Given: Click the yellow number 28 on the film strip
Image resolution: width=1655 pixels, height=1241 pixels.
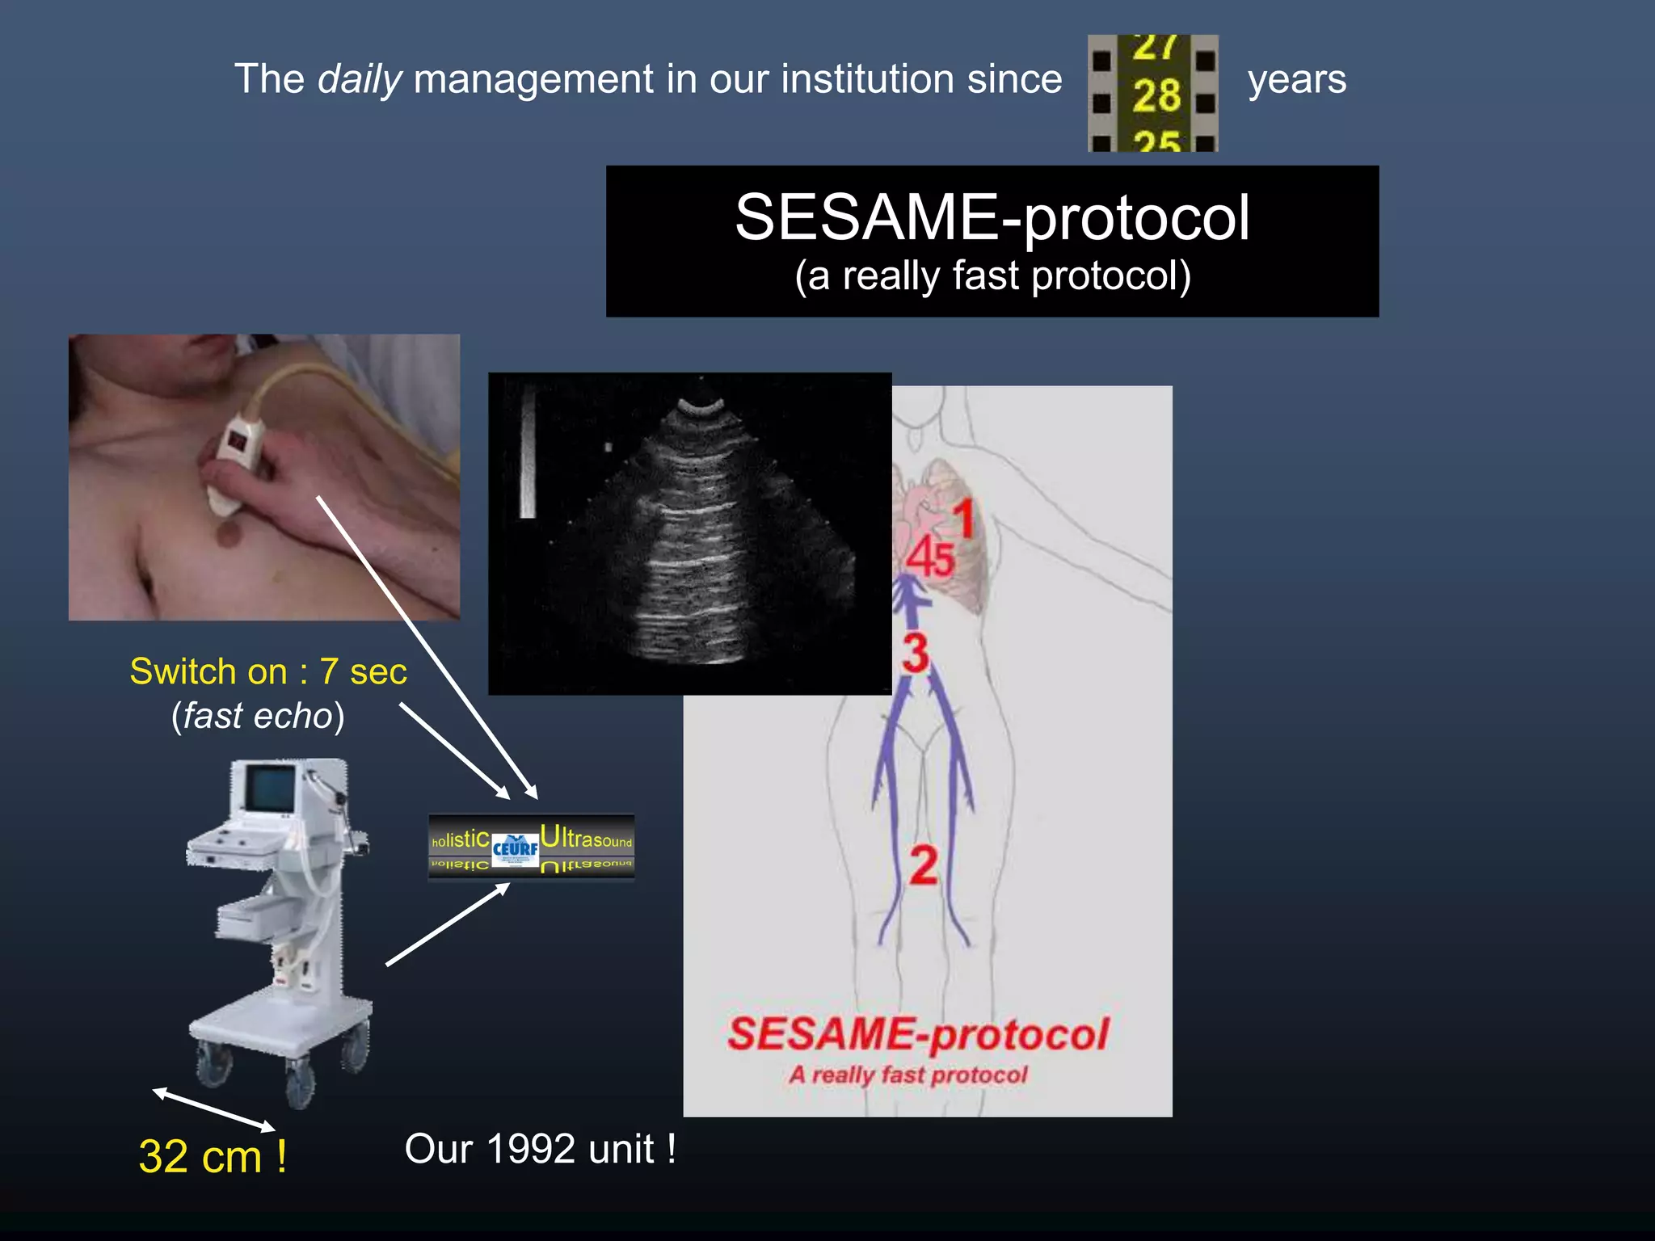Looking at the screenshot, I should click(x=1156, y=96).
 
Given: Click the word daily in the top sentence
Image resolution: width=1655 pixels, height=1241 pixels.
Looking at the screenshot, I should click(x=360, y=79).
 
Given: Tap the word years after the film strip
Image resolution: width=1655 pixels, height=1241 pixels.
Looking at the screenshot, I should click(x=1296, y=79).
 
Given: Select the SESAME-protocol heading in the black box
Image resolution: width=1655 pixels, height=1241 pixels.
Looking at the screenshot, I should click(x=992, y=217).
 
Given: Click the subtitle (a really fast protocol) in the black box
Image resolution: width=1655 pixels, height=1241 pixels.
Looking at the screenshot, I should click(x=992, y=276).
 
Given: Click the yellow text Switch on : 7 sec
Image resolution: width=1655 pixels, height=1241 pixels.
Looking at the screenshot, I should click(x=268, y=671).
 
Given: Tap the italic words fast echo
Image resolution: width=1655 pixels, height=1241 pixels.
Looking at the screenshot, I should click(x=258, y=716).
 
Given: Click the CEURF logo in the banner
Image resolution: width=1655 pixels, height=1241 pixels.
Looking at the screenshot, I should click(x=515, y=848).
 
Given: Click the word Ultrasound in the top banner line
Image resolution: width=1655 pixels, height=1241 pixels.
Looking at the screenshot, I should click(x=587, y=838).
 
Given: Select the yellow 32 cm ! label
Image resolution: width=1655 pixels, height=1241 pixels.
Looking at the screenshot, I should click(x=212, y=1156).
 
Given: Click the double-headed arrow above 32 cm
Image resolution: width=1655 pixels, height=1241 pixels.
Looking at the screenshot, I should click(x=214, y=1109).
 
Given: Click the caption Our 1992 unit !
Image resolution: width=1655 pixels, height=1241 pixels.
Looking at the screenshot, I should click(x=540, y=1149).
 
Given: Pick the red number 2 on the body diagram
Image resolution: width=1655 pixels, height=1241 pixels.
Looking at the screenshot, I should click(x=924, y=865).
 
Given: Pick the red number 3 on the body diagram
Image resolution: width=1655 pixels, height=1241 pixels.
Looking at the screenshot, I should click(x=916, y=653).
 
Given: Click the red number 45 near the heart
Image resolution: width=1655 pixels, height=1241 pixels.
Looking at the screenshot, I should click(x=930, y=557).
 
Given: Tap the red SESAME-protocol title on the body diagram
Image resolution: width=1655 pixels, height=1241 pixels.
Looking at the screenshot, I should click(x=918, y=1034).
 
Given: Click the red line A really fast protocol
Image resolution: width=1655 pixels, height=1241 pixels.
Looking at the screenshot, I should click(x=908, y=1075).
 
